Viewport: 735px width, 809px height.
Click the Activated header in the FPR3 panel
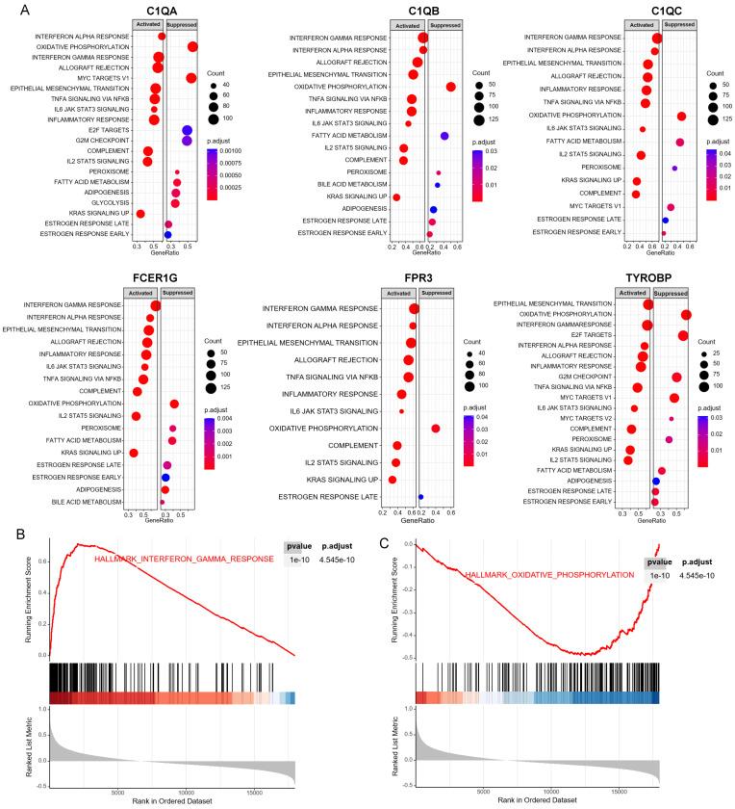(393, 293)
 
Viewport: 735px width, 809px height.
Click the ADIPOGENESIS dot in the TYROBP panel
(656, 479)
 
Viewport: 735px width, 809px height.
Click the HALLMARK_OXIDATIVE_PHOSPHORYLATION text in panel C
(550, 575)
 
